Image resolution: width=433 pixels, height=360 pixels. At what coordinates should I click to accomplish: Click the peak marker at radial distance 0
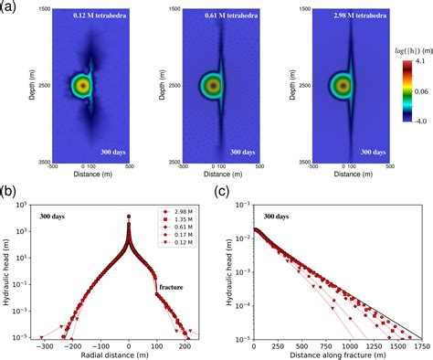click(129, 217)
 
